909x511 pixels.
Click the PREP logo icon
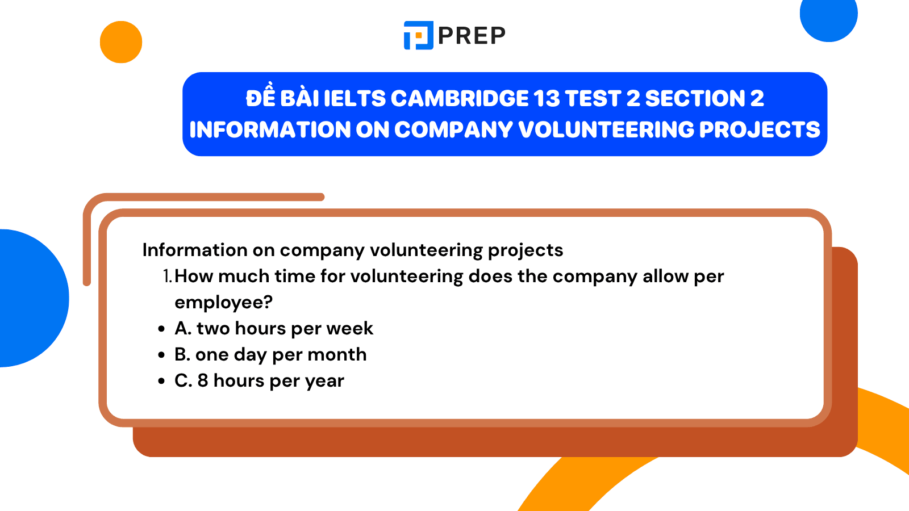pos(419,35)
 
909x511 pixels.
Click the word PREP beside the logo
pos(472,35)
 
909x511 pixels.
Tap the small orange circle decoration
pos(121,42)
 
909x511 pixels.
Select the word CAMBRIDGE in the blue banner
pos(460,99)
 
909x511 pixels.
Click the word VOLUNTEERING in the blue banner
pos(606,130)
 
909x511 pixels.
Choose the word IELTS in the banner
pos(355,99)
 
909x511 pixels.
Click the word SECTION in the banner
pos(695,99)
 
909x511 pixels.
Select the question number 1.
pos(167,276)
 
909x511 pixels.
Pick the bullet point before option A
pos(161,329)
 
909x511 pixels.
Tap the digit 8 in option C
pos(203,381)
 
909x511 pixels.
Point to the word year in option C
pos(324,382)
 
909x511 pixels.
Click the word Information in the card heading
pos(195,250)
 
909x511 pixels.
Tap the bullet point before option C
pos(161,381)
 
